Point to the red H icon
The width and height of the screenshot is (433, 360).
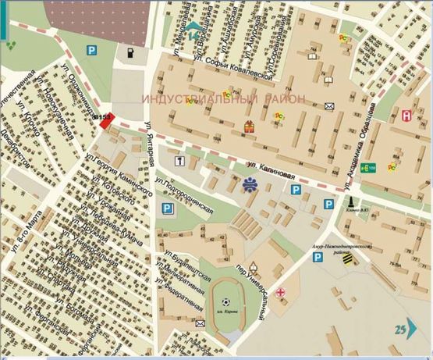(x=406, y=115)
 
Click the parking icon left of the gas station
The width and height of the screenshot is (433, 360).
(x=92, y=50)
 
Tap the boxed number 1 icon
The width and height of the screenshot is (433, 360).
(x=179, y=161)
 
